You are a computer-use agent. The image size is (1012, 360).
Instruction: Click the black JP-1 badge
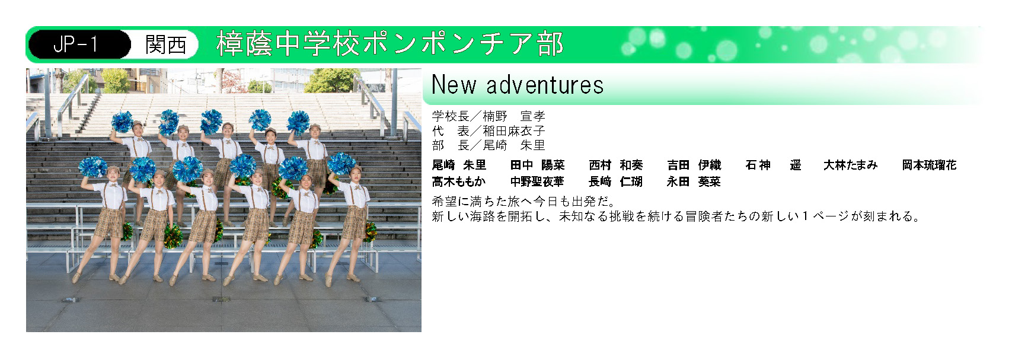pyautogui.click(x=79, y=44)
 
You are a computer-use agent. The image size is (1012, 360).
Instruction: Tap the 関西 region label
pyautogui.click(x=166, y=44)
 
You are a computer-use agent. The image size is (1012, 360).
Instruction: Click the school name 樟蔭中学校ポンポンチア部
pyautogui.click(x=390, y=44)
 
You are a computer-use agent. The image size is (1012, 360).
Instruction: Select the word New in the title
pyautogui.click(x=454, y=84)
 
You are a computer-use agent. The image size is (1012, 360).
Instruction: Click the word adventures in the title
pyautogui.click(x=545, y=85)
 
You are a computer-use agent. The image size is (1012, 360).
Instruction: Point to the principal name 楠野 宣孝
pyautogui.click(x=513, y=116)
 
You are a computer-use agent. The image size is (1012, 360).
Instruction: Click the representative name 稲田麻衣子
pyautogui.click(x=513, y=130)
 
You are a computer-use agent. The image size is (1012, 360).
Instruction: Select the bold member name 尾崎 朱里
pyautogui.click(x=459, y=165)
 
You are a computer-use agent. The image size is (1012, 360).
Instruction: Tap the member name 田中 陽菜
pyautogui.click(x=538, y=165)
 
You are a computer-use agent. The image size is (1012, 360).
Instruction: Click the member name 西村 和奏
pyautogui.click(x=616, y=165)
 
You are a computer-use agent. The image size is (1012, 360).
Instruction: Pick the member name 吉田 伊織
pyautogui.click(x=694, y=165)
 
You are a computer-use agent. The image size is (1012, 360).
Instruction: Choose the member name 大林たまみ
pyautogui.click(x=851, y=165)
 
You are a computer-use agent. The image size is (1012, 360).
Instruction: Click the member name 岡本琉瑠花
pyautogui.click(x=930, y=165)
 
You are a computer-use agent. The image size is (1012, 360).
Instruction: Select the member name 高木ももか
pyautogui.click(x=459, y=181)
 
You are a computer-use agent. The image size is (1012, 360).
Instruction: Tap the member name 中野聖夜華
pyautogui.click(x=538, y=181)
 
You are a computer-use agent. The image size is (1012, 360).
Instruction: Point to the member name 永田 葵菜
pyautogui.click(x=694, y=181)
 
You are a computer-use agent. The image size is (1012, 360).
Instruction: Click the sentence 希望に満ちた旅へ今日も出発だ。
pyautogui.click(x=523, y=201)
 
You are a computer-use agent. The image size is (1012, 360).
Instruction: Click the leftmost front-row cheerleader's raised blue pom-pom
pyautogui.click(x=93, y=167)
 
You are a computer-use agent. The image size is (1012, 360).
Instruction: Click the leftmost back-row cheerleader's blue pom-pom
pyautogui.click(x=122, y=122)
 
